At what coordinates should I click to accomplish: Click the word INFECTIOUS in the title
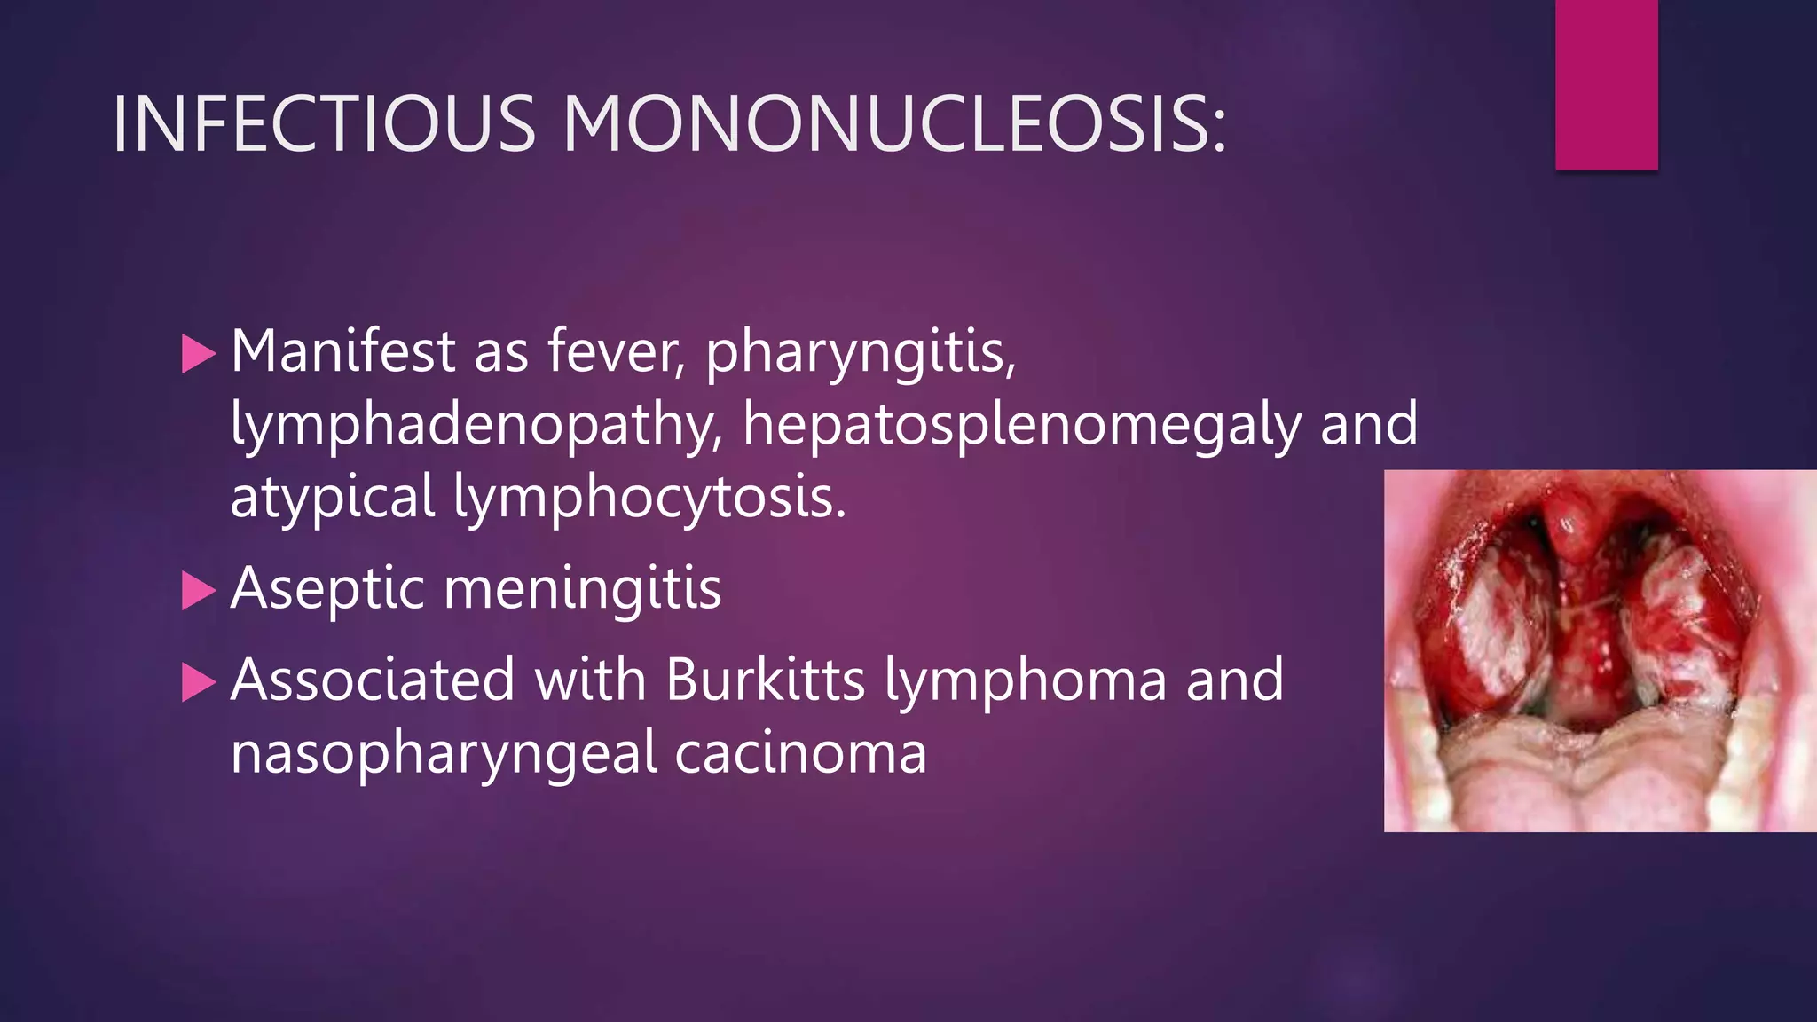coord(324,123)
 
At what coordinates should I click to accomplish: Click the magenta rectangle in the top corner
coord(1606,85)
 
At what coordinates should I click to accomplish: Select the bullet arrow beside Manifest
coord(198,354)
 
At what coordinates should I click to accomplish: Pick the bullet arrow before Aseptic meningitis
coord(198,591)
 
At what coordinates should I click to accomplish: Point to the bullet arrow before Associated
coord(198,682)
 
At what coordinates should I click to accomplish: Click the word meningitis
coord(582,589)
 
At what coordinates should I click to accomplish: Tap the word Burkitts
coord(765,680)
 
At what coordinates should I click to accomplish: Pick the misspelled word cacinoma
coord(800,753)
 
